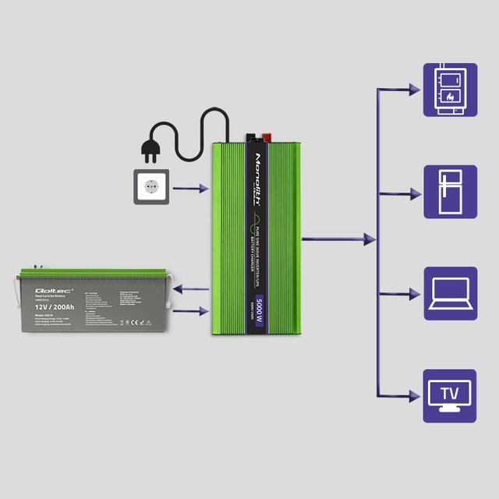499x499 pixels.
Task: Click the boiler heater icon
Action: click(450, 90)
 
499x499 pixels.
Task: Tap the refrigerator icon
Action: click(450, 192)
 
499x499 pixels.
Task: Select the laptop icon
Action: click(450, 293)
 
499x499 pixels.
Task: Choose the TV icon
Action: click(450, 395)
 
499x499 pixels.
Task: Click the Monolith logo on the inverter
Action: click(260, 180)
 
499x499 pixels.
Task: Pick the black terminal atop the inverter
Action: click(253, 139)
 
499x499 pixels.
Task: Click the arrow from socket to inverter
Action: click(191, 188)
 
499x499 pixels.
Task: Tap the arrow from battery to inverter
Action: click(191, 311)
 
